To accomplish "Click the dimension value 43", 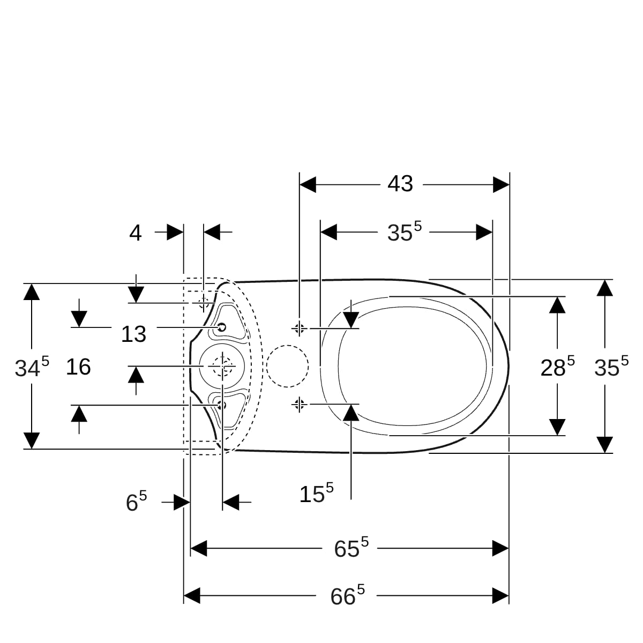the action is (400, 184).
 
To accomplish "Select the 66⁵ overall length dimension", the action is (347, 596).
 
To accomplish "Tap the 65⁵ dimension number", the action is (351, 548).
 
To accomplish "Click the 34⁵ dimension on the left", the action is (32, 367).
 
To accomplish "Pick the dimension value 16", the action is (78, 367).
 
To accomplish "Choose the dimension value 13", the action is (133, 334).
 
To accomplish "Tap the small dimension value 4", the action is (135, 233).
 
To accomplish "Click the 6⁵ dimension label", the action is (136, 502).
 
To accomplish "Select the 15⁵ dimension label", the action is (316, 493).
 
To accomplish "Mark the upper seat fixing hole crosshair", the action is (300, 328).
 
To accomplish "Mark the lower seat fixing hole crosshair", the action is (300, 405).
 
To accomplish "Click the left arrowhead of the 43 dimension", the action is (308, 184).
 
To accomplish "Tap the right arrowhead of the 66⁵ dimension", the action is (500, 596).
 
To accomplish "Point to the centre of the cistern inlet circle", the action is (222, 366).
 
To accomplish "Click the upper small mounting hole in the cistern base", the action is (221, 327).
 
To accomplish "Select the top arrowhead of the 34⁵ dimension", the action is (32, 291).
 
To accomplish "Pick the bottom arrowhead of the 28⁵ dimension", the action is (557, 427).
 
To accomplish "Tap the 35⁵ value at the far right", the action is (611, 367).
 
